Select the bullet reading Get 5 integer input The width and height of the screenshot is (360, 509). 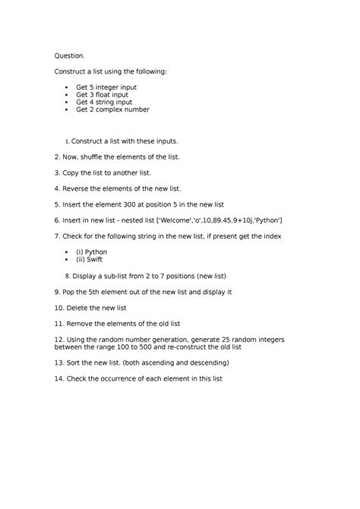(106, 87)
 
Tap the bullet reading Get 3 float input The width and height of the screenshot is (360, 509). (102, 95)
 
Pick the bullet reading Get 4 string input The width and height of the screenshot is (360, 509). (103, 102)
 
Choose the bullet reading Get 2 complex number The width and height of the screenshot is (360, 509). (112, 109)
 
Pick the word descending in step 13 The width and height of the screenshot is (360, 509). (201, 362)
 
